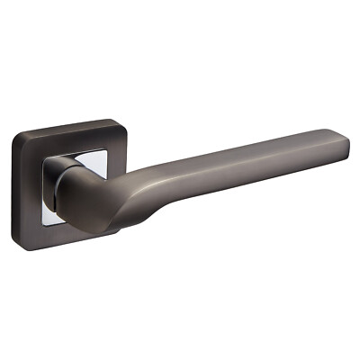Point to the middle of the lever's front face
(x=225, y=171)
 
